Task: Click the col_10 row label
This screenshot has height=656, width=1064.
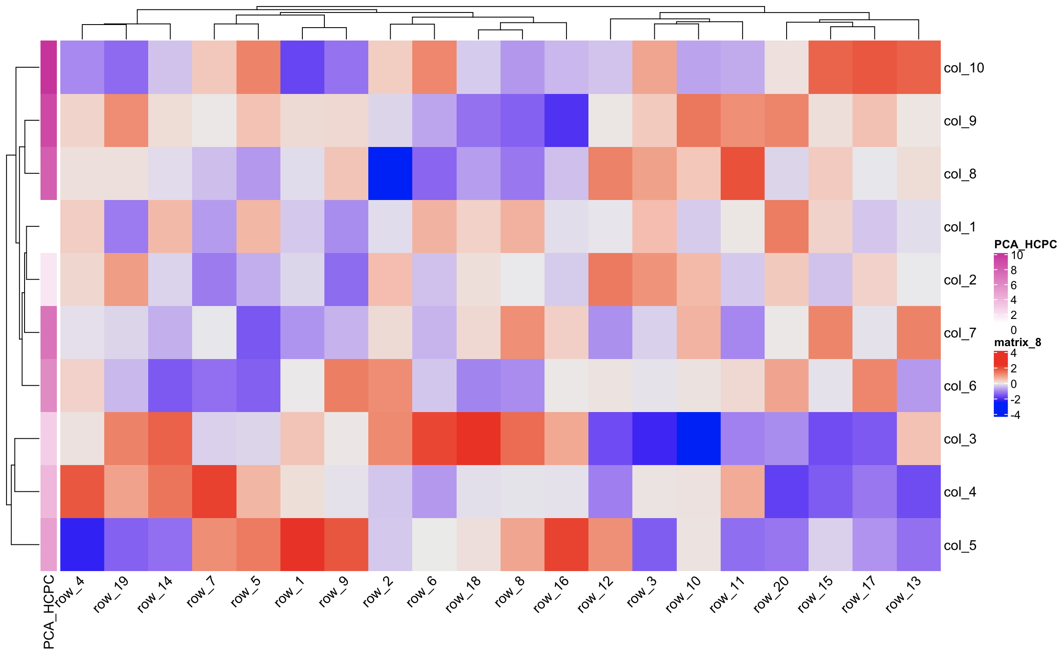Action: click(x=963, y=68)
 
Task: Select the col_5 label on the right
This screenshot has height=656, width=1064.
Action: click(x=959, y=545)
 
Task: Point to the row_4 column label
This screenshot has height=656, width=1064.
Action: click(x=70, y=591)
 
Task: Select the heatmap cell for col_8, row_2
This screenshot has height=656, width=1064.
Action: click(x=390, y=174)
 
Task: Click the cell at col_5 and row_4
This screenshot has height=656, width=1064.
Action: click(x=82, y=544)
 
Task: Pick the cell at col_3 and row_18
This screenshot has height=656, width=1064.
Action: click(x=478, y=439)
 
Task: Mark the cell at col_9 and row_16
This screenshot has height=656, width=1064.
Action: click(x=566, y=121)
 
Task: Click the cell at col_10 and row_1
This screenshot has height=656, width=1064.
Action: click(x=302, y=67)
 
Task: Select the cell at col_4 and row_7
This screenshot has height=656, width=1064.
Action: click(x=214, y=491)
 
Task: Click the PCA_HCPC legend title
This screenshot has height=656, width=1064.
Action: click(x=1025, y=244)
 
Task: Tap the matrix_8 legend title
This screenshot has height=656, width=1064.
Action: click(x=1017, y=342)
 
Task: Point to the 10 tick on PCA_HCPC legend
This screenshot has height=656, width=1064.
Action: click(x=1017, y=255)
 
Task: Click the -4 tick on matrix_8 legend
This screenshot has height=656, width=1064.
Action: click(x=1015, y=415)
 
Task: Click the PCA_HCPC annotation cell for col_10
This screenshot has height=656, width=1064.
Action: click(x=49, y=67)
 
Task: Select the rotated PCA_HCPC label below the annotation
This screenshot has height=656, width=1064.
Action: click(x=49, y=612)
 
